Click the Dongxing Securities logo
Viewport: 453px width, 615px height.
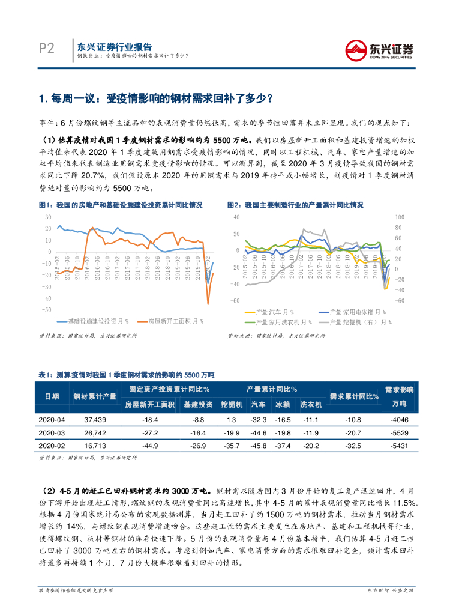382,48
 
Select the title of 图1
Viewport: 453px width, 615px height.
121,205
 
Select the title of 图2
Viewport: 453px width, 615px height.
295,205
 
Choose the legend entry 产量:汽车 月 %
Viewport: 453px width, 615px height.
273,312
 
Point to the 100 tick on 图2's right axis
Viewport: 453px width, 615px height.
398,217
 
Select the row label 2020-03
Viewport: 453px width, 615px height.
52,432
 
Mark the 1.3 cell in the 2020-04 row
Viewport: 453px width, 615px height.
230,419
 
